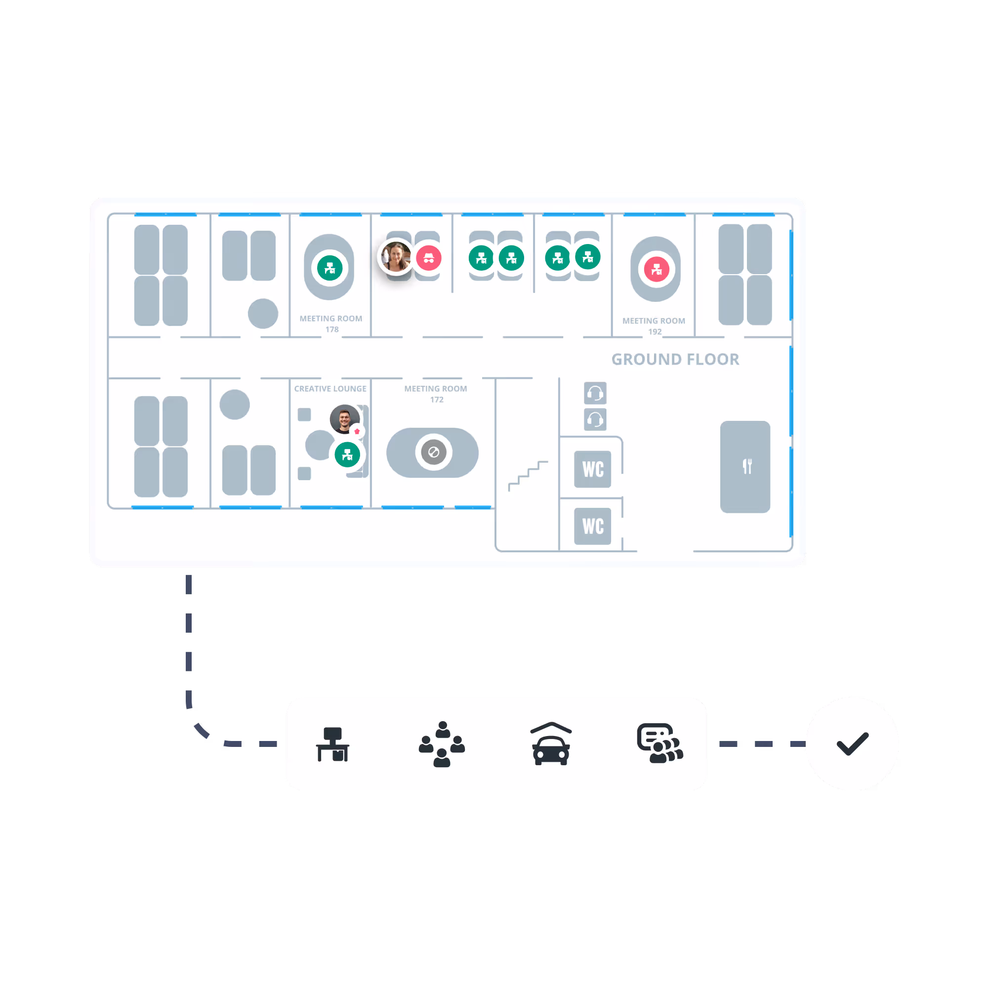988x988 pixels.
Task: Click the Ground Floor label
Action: click(x=675, y=360)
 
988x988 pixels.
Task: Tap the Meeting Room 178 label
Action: click(x=331, y=324)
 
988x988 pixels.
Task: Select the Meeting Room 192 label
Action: click(x=654, y=326)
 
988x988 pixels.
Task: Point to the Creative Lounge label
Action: click(x=330, y=389)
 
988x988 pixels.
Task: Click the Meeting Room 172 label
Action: click(x=436, y=394)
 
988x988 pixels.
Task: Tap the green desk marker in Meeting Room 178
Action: click(x=330, y=267)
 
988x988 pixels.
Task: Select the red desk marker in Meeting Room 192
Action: click(x=657, y=269)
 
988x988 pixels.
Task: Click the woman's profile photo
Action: click(x=396, y=257)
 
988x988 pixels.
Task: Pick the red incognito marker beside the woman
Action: click(x=428, y=258)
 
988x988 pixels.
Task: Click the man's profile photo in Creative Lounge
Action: click(x=344, y=419)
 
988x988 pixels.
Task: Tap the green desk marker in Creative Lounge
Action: click(x=347, y=454)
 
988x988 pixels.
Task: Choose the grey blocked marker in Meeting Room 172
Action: click(x=434, y=452)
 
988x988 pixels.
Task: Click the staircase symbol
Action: click(x=528, y=476)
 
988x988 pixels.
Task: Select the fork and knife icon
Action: click(x=747, y=466)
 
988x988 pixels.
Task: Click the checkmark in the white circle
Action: click(x=852, y=743)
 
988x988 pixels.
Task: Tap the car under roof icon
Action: click(x=551, y=743)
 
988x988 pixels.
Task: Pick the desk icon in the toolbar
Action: click(x=332, y=744)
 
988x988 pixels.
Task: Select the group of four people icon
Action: click(x=442, y=744)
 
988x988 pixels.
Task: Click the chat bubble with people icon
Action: click(x=659, y=743)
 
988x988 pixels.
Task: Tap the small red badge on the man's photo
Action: click(x=357, y=431)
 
